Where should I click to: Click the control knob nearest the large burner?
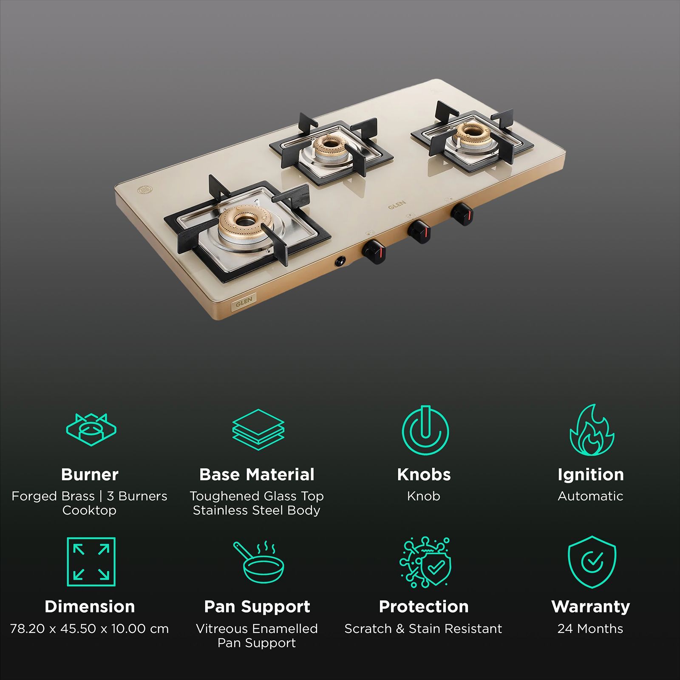[x=374, y=251]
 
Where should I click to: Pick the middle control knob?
[x=419, y=232]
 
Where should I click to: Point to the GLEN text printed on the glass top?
[x=397, y=204]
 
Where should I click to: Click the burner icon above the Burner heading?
[x=91, y=429]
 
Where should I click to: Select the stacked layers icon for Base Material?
[x=258, y=429]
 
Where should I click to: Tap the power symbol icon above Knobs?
[x=425, y=430]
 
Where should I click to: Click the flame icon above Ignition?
[x=591, y=430]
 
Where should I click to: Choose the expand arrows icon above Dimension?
[x=91, y=562]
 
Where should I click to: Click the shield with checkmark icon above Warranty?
[x=592, y=562]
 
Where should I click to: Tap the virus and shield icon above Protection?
[x=425, y=562]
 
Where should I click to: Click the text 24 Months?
[x=590, y=629]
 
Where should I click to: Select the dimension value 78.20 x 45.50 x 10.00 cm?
[x=89, y=629]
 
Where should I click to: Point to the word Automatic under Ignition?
[x=590, y=496]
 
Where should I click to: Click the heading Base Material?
[x=257, y=474]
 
